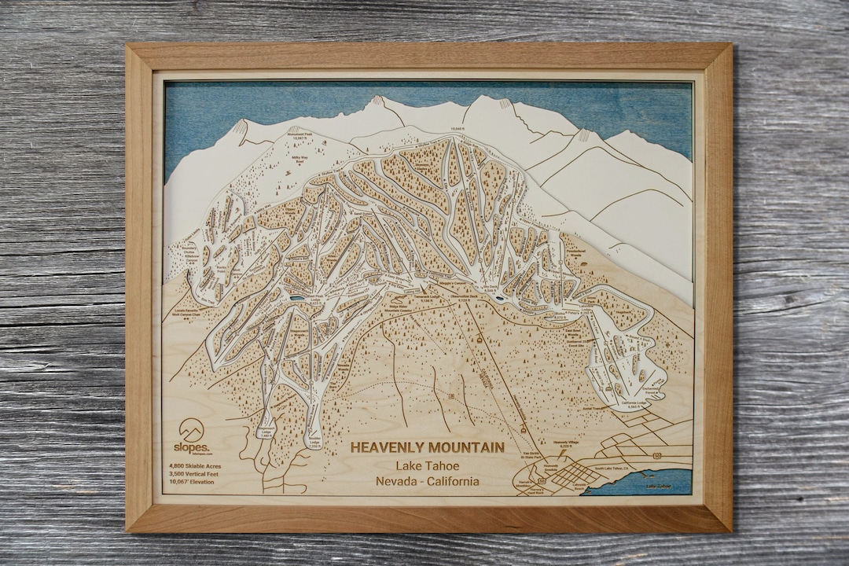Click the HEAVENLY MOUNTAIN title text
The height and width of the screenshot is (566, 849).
coord(427,447)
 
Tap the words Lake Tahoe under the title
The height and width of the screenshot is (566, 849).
coord(427,465)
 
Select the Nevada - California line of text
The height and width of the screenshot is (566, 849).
coord(427,481)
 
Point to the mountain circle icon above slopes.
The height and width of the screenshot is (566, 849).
coord(191,428)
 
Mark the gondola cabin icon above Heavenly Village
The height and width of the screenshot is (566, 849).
coord(522,427)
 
